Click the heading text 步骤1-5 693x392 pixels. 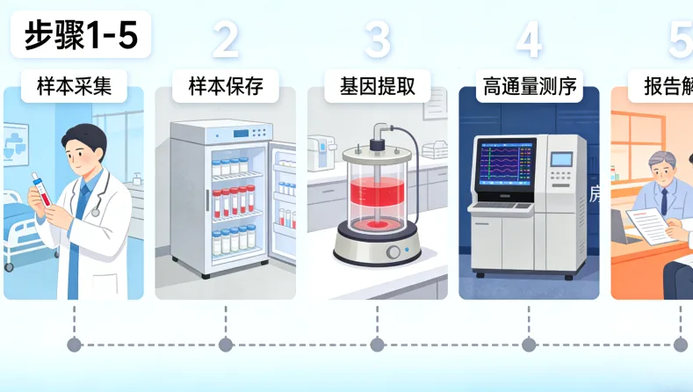(x=80, y=35)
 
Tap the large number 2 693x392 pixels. (x=226, y=40)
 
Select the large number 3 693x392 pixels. (x=378, y=40)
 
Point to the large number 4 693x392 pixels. (x=529, y=40)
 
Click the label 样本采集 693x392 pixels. (x=74, y=86)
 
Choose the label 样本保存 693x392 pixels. (x=226, y=86)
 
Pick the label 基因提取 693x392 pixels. (x=378, y=86)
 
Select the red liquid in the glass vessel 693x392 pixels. (x=378, y=203)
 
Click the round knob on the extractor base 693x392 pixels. (x=393, y=252)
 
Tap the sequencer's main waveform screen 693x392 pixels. (x=503, y=163)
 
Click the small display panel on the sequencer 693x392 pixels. (x=559, y=159)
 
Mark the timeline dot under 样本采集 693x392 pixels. (x=74, y=345)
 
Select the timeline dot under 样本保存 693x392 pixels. (x=226, y=345)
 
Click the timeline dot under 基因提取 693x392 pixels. (x=378, y=345)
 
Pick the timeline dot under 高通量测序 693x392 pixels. (x=529, y=345)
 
